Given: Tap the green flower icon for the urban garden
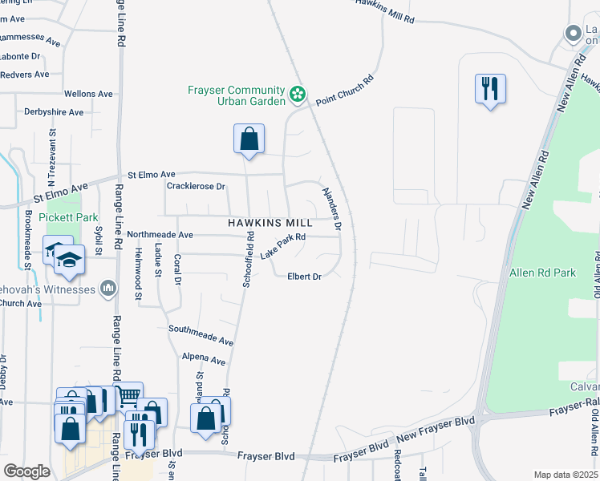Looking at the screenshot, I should tap(298, 95).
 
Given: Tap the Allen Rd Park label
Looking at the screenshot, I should tap(543, 273).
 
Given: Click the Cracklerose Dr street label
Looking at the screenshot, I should tap(195, 186).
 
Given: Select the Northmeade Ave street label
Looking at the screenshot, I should tap(160, 235).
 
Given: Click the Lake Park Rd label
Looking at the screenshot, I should tap(283, 246).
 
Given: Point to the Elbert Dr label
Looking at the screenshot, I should tap(305, 277).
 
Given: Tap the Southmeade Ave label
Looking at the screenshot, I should tap(201, 335).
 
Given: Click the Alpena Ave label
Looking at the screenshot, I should tap(204, 358).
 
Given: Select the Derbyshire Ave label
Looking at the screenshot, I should tap(54, 112).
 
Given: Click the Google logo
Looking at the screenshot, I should tap(26, 471).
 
